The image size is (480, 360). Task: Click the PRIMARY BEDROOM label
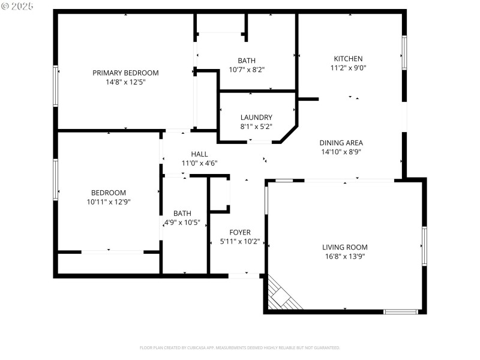pyautogui.click(x=125, y=73)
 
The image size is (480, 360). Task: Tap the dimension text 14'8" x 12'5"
pyautogui.click(x=125, y=82)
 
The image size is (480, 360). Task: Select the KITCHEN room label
pyautogui.click(x=348, y=59)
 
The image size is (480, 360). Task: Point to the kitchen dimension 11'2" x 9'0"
pyautogui.click(x=348, y=68)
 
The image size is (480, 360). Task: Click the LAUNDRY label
pyautogui.click(x=256, y=118)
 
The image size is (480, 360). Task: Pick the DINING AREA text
pyautogui.click(x=341, y=143)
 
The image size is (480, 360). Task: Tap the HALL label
pyautogui.click(x=199, y=154)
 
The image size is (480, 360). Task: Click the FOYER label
pyautogui.click(x=240, y=232)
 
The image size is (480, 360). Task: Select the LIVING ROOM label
pyautogui.click(x=344, y=247)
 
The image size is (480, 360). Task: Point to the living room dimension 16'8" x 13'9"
pyautogui.click(x=344, y=256)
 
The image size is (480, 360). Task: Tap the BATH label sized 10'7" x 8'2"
pyautogui.click(x=246, y=61)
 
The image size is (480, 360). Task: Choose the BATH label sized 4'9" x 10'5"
pyautogui.click(x=182, y=213)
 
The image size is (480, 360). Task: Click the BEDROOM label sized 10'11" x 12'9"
pyautogui.click(x=109, y=193)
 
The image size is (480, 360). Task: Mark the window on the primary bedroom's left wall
pyautogui.click(x=56, y=86)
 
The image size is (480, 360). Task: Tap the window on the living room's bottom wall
pyautogui.click(x=400, y=311)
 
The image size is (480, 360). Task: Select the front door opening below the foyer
pyautogui.click(x=244, y=275)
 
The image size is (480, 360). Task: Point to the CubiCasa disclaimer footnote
pyautogui.click(x=240, y=347)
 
